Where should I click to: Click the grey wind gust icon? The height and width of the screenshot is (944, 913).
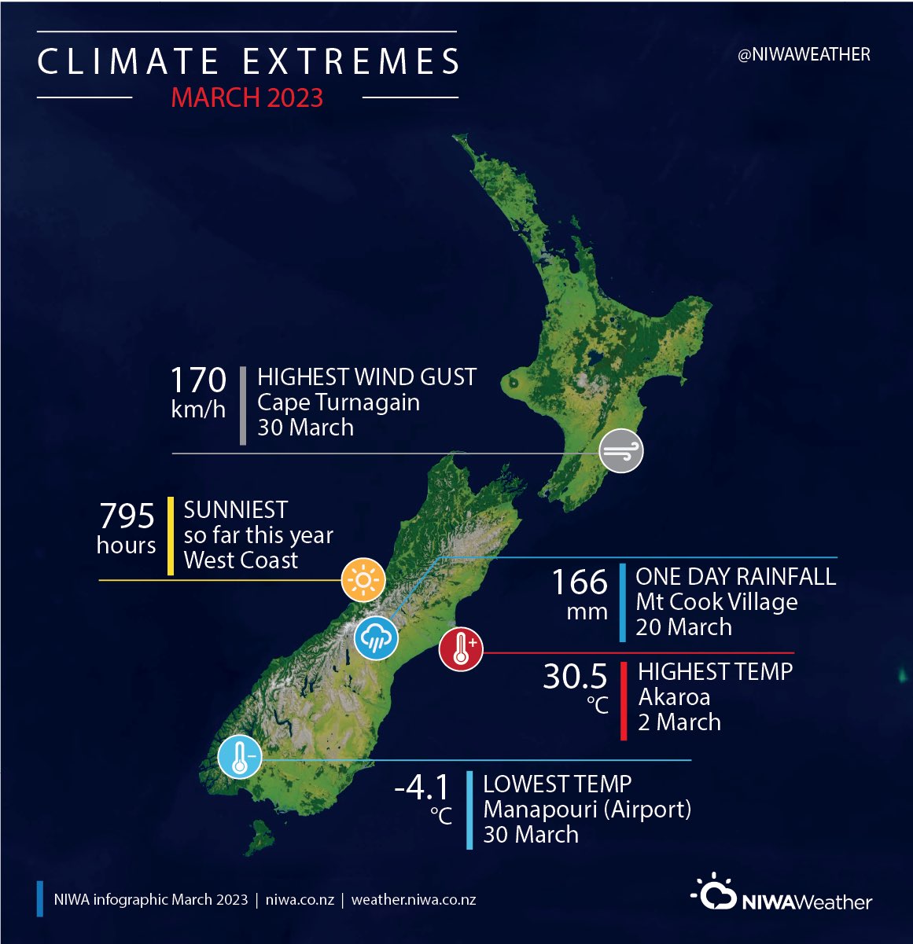(621, 451)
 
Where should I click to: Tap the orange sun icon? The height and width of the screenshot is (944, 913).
(363, 581)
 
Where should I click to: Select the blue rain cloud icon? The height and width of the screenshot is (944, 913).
(376, 637)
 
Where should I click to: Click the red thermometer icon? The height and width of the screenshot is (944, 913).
(461, 649)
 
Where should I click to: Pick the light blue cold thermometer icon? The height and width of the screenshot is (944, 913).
(239, 757)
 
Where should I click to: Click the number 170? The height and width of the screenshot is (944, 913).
(198, 380)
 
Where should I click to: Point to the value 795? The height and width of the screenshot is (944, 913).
(127, 516)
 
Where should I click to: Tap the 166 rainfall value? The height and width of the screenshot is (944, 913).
(580, 582)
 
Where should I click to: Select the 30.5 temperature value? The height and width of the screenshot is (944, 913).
(575, 677)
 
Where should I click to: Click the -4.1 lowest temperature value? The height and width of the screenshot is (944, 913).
(422, 787)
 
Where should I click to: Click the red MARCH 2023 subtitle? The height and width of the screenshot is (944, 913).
(247, 97)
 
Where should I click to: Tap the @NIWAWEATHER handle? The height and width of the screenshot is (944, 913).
(804, 55)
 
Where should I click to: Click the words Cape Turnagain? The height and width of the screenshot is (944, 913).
(338, 402)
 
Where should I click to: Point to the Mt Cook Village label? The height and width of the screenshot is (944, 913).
(716, 602)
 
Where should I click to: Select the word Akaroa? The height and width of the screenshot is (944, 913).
(674, 697)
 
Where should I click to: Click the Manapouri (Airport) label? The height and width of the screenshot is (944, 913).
(587, 809)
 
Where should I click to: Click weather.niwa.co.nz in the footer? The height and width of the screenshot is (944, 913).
(414, 900)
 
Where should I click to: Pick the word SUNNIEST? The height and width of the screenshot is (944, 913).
(236, 510)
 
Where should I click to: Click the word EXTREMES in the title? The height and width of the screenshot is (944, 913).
(351, 62)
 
